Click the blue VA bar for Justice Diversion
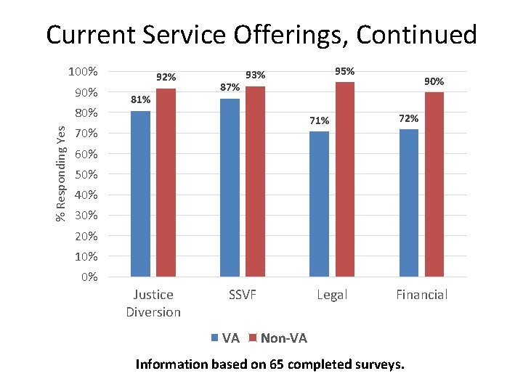(140, 194)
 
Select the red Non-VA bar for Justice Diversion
(166, 183)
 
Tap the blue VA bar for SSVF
(230, 187)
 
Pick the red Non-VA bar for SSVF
(255, 181)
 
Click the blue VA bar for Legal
(319, 204)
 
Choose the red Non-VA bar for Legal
(345, 179)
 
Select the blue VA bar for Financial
(409, 203)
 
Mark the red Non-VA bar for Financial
(434, 184)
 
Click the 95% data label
(344, 71)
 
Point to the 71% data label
(319, 121)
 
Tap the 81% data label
(140, 99)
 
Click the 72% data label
(408, 118)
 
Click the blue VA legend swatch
(214, 338)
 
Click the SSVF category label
(243, 295)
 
